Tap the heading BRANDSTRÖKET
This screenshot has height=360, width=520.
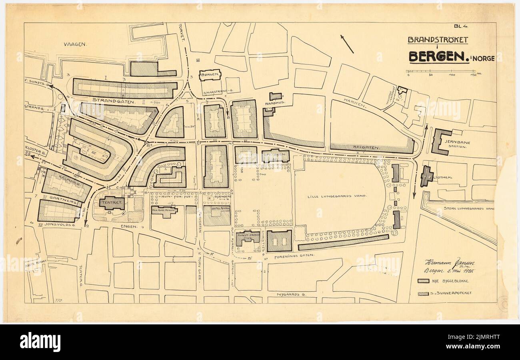point(438,40)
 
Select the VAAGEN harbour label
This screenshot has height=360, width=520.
point(75,44)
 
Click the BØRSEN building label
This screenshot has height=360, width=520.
point(210,74)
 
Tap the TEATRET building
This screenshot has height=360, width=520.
point(112,203)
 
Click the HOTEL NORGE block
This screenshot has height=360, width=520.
point(216,215)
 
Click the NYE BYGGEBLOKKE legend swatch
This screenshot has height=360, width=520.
point(423,281)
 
